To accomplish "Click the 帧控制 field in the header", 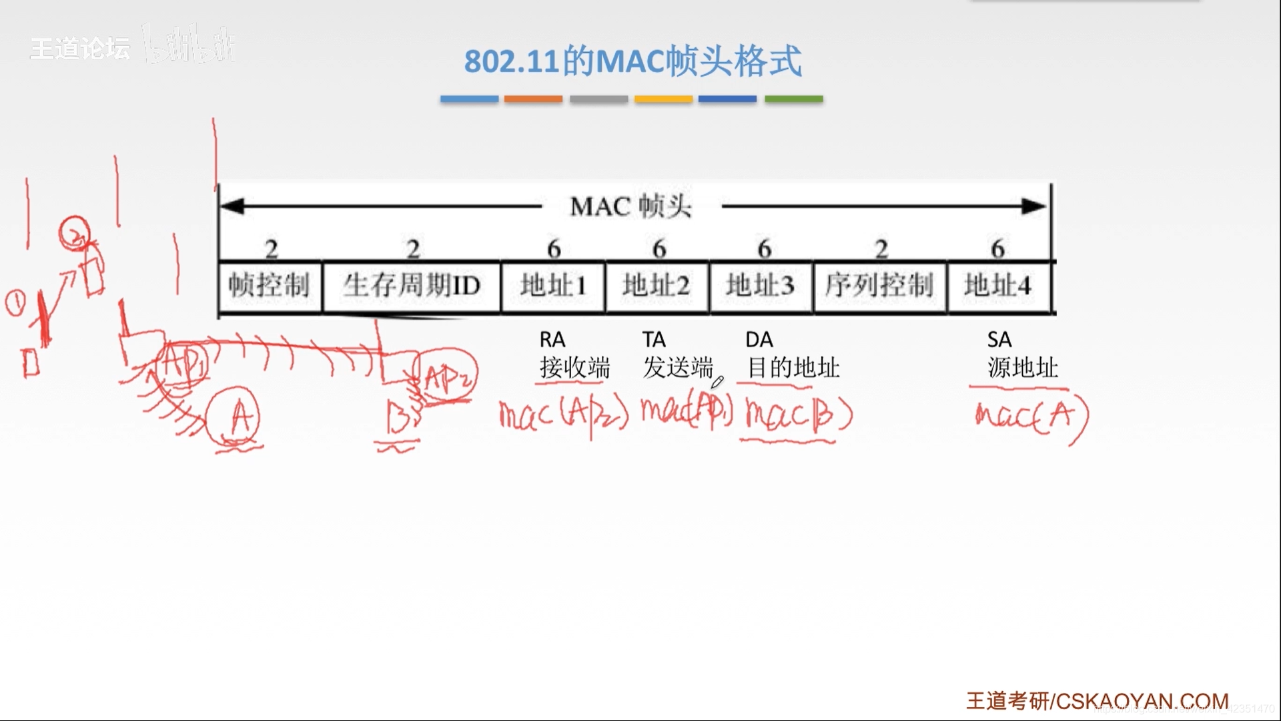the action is (x=270, y=286).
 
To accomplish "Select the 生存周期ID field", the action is (x=411, y=286).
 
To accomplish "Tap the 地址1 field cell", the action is (x=553, y=286).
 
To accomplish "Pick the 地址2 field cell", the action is (x=657, y=286).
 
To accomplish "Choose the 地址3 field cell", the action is (x=761, y=286).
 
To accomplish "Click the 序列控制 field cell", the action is (x=879, y=286).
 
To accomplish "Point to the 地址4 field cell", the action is (x=998, y=286).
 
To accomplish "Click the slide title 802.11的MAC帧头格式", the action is (x=632, y=61).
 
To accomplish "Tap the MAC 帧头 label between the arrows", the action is (x=631, y=207).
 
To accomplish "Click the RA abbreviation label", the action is (x=552, y=340).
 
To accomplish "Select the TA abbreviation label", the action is (x=654, y=340).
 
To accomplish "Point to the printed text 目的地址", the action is (x=793, y=368).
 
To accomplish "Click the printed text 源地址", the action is (x=1023, y=368).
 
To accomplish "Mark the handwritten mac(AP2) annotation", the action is (x=564, y=416).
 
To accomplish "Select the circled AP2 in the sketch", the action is (x=446, y=377).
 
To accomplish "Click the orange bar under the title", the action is (x=533, y=99).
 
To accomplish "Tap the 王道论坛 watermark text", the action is (x=80, y=48).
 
